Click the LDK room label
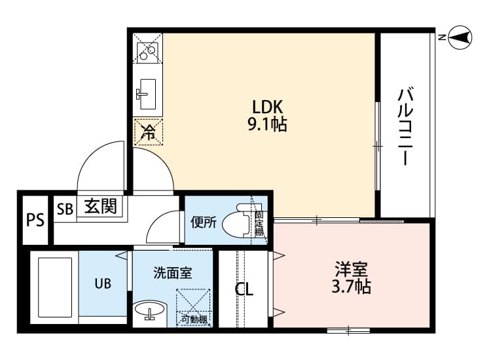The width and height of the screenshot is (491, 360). coord(267,107)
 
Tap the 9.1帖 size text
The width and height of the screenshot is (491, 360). coord(267,124)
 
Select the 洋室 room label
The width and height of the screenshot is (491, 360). coord(352,269)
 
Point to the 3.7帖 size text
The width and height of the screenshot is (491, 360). coord(352,286)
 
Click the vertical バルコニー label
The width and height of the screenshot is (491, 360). coord(404,126)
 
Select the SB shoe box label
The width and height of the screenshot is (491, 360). coord(65,209)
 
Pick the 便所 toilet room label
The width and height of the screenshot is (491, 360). coord(204,222)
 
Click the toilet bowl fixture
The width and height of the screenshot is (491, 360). coord(236,223)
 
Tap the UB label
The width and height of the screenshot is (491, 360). coord(102,283)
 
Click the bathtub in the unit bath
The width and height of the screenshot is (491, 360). coord(55,288)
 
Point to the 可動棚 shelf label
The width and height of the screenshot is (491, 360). coord(194,319)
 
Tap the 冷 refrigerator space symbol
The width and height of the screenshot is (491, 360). coord(149,132)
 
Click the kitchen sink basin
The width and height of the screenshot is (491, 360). coord(147,94)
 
